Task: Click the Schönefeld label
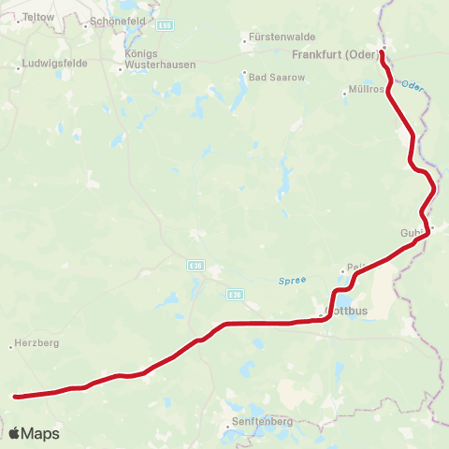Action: pyautogui.click(x=117, y=22)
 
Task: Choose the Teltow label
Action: pyautogui.click(x=38, y=17)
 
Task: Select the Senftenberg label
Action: pyautogui.click(x=261, y=422)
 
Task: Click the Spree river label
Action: pyautogui.click(x=293, y=280)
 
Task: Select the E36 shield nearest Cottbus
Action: pyautogui.click(x=235, y=294)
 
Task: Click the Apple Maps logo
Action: pyautogui.click(x=34, y=433)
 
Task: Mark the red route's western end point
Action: pyautogui.click(x=15, y=397)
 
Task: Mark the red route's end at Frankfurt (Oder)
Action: pyautogui.click(x=382, y=52)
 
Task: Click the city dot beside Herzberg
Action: pyautogui.click(x=13, y=344)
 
